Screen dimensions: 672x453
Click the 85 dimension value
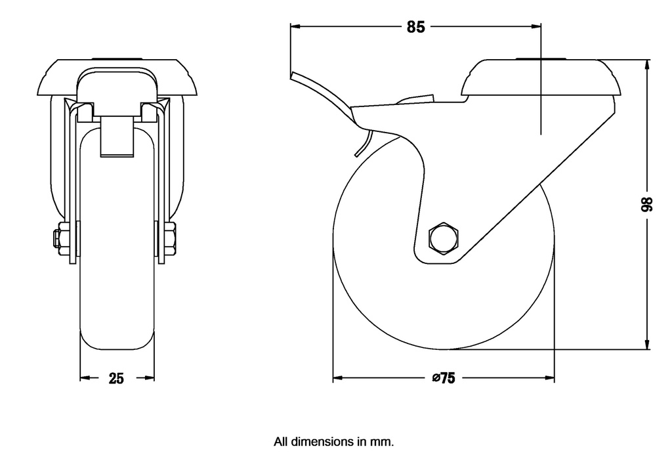pyautogui.click(x=415, y=27)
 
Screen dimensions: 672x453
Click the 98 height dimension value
pyautogui.click(x=646, y=204)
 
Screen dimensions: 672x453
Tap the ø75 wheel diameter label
pyautogui.click(x=444, y=378)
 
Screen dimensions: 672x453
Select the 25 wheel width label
pyautogui.click(x=115, y=378)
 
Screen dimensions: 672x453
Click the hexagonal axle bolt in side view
pyautogui.click(x=444, y=238)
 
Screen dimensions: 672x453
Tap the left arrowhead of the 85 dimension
pyautogui.click(x=296, y=26)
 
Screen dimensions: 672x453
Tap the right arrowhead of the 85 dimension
pyautogui.click(x=535, y=26)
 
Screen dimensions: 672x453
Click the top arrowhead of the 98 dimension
pyautogui.click(x=646, y=66)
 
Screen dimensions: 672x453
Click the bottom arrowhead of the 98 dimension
pyautogui.click(x=646, y=344)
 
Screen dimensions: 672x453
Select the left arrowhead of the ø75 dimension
pyautogui.click(x=339, y=378)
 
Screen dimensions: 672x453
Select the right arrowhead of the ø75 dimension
pyautogui.click(x=549, y=378)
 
